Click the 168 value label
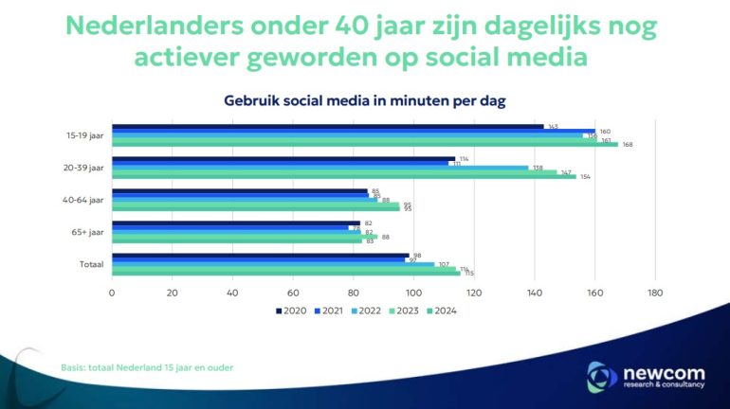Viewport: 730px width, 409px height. click(628, 145)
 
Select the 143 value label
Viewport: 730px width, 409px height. click(553, 126)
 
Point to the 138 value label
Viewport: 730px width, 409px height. click(538, 168)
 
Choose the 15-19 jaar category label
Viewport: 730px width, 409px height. click(84, 135)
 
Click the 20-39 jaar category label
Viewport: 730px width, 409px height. click(83, 168)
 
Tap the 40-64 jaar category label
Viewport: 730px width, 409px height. click(83, 200)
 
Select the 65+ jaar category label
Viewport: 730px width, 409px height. click(87, 232)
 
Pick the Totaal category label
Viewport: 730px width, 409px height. click(91, 264)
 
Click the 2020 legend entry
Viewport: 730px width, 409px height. click(291, 311)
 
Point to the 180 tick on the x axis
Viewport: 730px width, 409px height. click(655, 293)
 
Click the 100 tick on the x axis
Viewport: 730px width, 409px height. click(413, 293)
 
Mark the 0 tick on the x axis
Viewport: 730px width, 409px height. click(112, 293)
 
